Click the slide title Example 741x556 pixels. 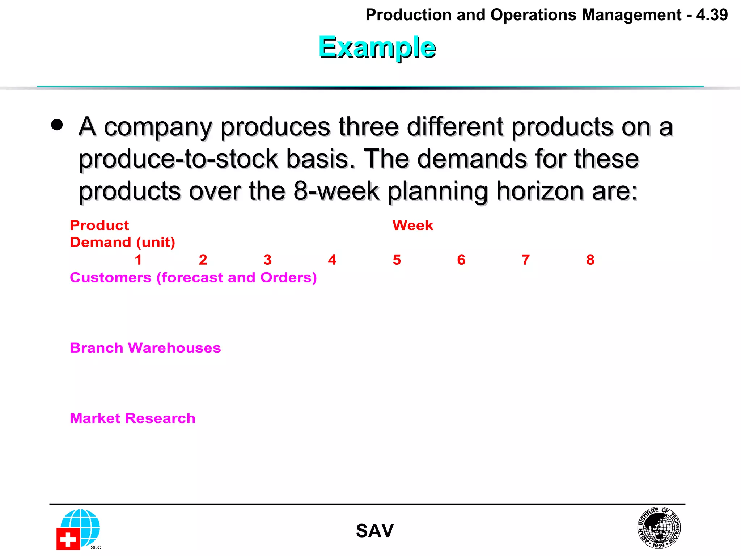[377, 47]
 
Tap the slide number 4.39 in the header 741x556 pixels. [712, 15]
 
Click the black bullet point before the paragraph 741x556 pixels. [57, 125]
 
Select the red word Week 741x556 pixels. [412, 226]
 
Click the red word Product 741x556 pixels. [99, 226]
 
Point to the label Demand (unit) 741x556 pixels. [122, 242]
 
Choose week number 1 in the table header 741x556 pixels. [138, 260]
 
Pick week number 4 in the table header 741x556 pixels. [332, 260]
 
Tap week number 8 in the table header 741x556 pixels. [590, 260]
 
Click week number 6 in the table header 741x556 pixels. [461, 260]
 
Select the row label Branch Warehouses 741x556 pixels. [145, 348]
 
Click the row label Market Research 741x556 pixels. [132, 418]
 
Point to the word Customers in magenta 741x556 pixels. [110, 278]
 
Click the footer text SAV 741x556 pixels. [374, 531]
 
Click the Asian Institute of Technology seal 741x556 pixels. [659, 527]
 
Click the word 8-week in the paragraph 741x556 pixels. [336, 191]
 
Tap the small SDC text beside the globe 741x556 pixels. [96, 547]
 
